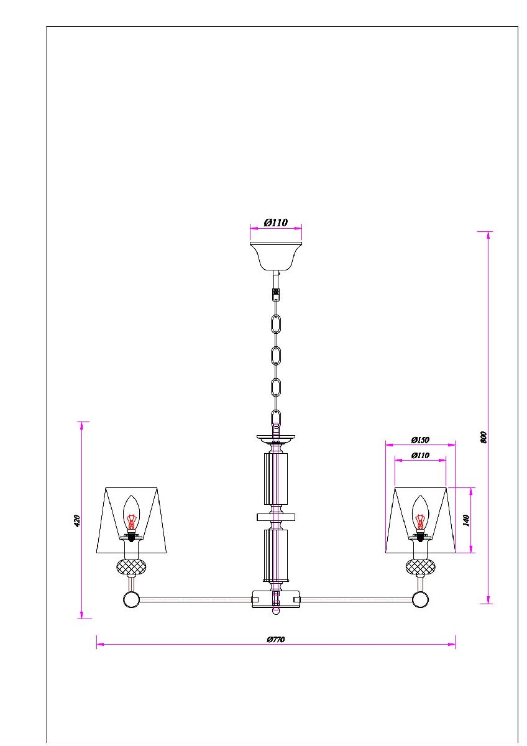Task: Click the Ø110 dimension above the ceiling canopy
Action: tap(275, 223)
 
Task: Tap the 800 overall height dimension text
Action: tap(484, 436)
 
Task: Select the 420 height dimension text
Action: tap(77, 520)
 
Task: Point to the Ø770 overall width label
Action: tap(275, 639)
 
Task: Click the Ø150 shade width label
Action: tap(420, 440)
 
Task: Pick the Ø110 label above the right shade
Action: tap(420, 455)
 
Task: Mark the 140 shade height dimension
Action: tap(466, 520)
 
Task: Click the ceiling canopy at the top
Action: tap(275, 256)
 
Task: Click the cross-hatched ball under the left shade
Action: tap(132, 566)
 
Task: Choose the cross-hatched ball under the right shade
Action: tap(420, 566)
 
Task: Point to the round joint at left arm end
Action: tap(131, 600)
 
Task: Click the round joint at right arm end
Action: tap(420, 600)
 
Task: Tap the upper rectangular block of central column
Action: tap(276, 479)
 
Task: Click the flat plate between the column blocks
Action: tap(275, 517)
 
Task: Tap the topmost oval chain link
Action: tap(276, 325)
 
